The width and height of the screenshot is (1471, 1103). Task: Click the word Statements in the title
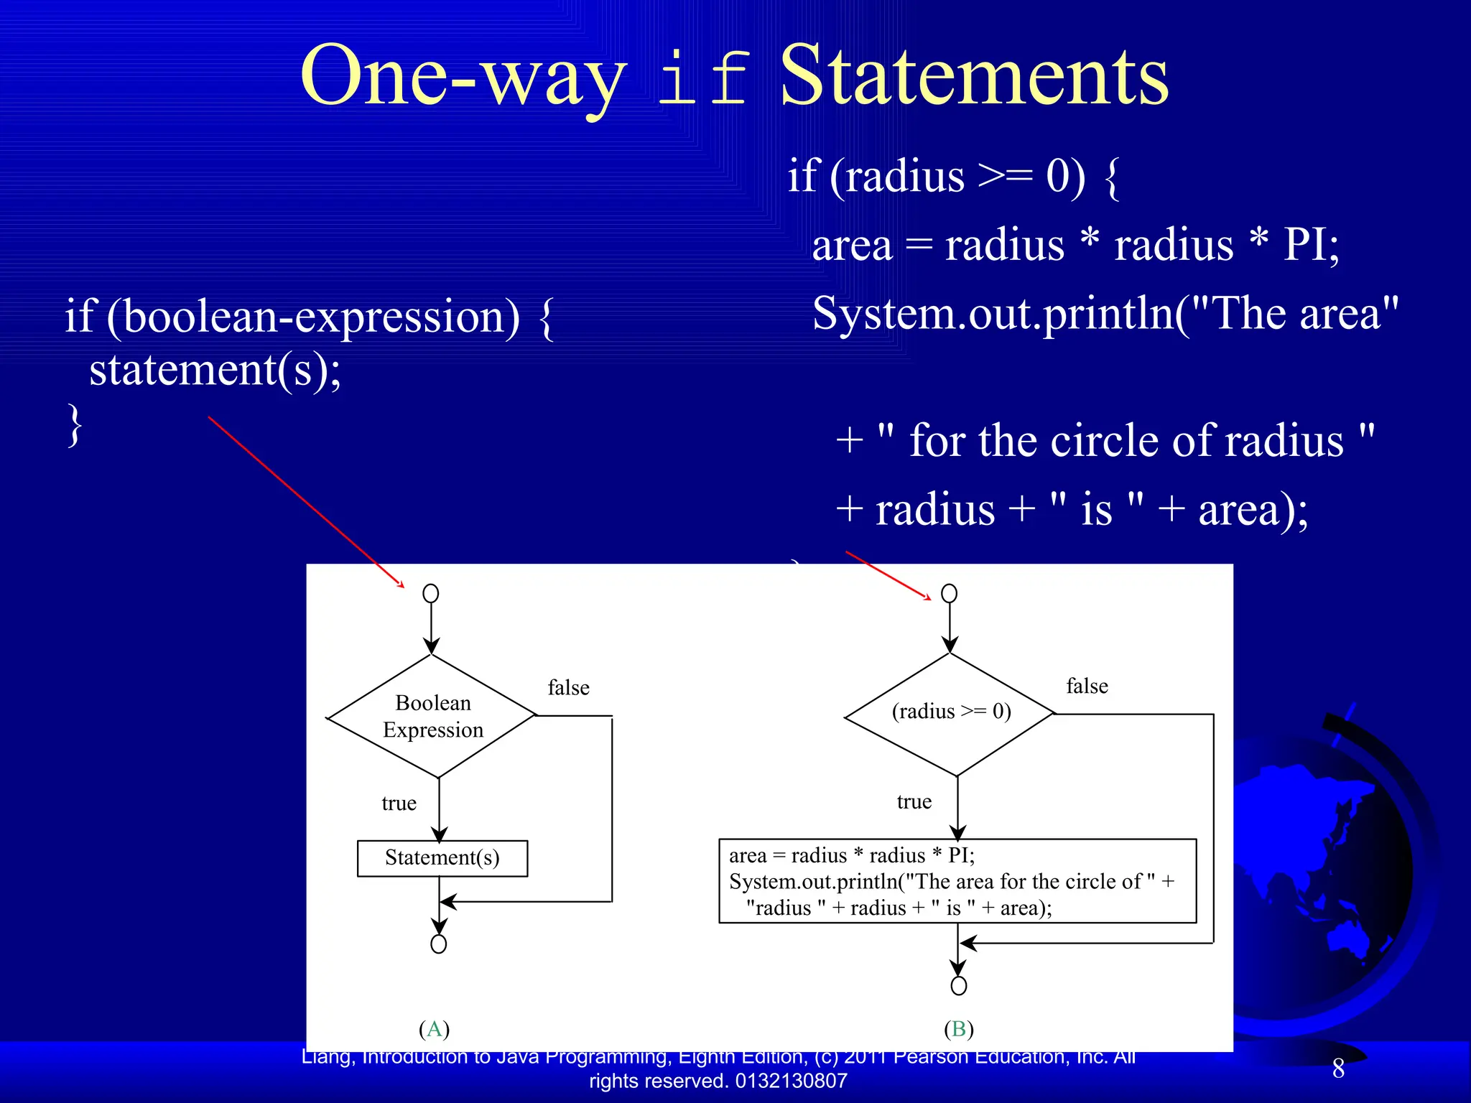coord(974,76)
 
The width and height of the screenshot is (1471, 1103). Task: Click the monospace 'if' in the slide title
coord(703,79)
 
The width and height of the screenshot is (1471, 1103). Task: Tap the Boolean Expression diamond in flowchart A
coord(432,716)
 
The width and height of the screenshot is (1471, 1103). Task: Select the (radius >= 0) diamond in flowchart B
coord(950,712)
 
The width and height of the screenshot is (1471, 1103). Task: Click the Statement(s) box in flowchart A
coord(442,858)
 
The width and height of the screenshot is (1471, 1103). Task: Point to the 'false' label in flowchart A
coord(568,688)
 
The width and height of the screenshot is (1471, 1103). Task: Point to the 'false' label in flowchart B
coord(1086,687)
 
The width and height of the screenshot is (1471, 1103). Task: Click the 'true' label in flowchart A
coord(399,803)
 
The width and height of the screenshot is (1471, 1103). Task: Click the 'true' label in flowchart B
coord(914,801)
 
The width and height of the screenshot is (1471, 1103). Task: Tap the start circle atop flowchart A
coord(431,593)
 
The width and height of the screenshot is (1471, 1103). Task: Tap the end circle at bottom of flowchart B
coord(958,985)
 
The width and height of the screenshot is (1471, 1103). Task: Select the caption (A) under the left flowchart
coord(434,1029)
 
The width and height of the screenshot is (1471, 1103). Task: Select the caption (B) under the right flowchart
coord(958,1029)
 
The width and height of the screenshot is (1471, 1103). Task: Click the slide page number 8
coord(1338,1069)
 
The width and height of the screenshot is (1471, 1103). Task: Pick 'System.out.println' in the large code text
coord(991,314)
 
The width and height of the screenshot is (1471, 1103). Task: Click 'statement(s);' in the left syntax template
coord(215,371)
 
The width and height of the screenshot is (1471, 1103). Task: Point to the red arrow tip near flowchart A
coord(402,586)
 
